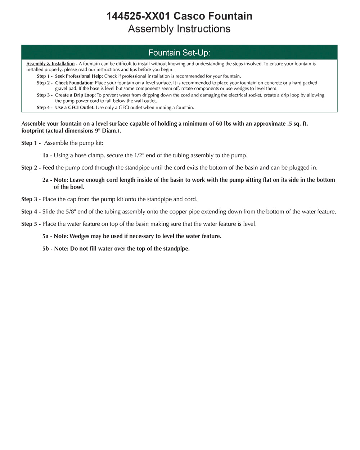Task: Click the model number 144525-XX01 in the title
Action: [139, 16]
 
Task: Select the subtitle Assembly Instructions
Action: [179, 29]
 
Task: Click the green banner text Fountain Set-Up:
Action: [179, 53]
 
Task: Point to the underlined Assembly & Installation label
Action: [50, 64]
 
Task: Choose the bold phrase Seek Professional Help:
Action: [79, 76]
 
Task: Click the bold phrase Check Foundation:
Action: [74, 83]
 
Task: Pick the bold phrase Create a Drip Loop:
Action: [75, 95]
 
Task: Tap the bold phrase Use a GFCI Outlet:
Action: [75, 108]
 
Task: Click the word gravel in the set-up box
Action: [62, 89]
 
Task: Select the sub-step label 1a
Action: [46, 156]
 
